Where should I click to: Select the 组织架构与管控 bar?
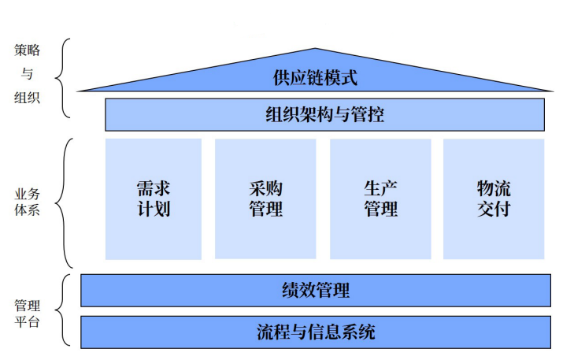324,115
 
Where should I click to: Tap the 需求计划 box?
153,199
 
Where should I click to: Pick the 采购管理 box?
265,199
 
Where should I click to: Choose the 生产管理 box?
380,199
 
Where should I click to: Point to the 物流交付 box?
494,199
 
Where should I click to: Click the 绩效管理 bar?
315,290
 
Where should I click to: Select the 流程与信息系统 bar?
315,332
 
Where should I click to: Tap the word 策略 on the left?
27,50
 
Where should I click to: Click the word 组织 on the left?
27,100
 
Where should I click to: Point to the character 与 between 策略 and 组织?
27,75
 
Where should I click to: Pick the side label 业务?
27,193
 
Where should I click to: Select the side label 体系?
27,210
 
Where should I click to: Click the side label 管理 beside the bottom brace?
27,306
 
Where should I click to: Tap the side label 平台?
27,322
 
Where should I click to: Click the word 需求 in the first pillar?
153,189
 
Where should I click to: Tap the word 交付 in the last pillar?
494,210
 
